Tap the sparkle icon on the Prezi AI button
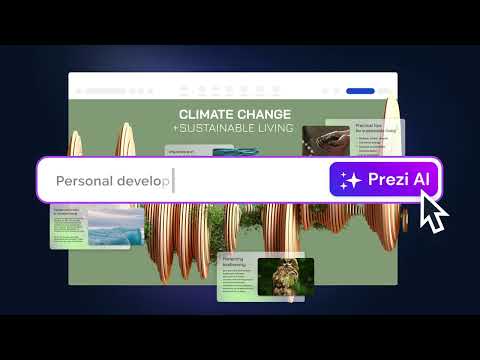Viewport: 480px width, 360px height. (350, 181)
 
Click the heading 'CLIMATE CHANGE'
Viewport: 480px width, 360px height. (235, 114)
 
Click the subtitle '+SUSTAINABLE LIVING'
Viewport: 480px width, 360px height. (235, 128)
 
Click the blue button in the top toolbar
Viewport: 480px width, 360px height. (360, 91)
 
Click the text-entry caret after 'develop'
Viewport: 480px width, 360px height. (173, 181)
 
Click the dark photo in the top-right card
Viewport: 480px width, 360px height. (325, 138)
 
